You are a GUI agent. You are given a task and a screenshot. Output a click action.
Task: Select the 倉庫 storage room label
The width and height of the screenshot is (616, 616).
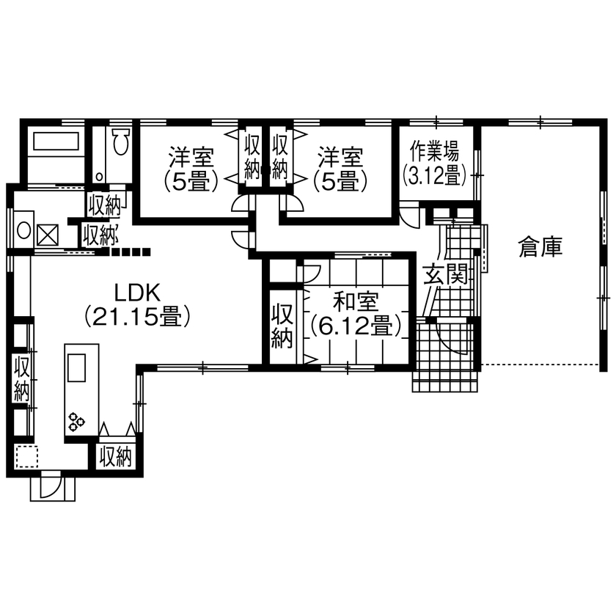click(540, 248)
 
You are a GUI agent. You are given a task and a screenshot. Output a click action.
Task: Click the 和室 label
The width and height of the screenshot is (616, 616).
click(356, 301)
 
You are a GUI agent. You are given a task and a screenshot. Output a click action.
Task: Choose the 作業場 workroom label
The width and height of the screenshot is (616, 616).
click(434, 152)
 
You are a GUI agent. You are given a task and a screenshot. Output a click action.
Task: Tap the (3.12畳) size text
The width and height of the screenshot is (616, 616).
click(434, 175)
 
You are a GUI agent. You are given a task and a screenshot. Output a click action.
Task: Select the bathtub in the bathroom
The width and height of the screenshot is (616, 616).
click(55, 141)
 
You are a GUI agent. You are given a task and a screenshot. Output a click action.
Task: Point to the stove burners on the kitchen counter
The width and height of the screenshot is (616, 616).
click(77, 422)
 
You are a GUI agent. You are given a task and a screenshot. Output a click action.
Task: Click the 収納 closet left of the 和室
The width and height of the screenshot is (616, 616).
click(282, 326)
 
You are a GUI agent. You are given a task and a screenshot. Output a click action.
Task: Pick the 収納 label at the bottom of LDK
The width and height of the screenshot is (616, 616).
click(115, 457)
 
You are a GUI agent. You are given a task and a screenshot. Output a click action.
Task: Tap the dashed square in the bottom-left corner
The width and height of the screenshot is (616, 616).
click(26, 457)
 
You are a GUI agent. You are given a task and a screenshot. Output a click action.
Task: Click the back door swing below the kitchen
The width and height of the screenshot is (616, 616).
click(51, 486)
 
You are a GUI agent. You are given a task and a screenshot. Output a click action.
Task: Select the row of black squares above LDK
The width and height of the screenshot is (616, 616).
click(127, 253)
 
